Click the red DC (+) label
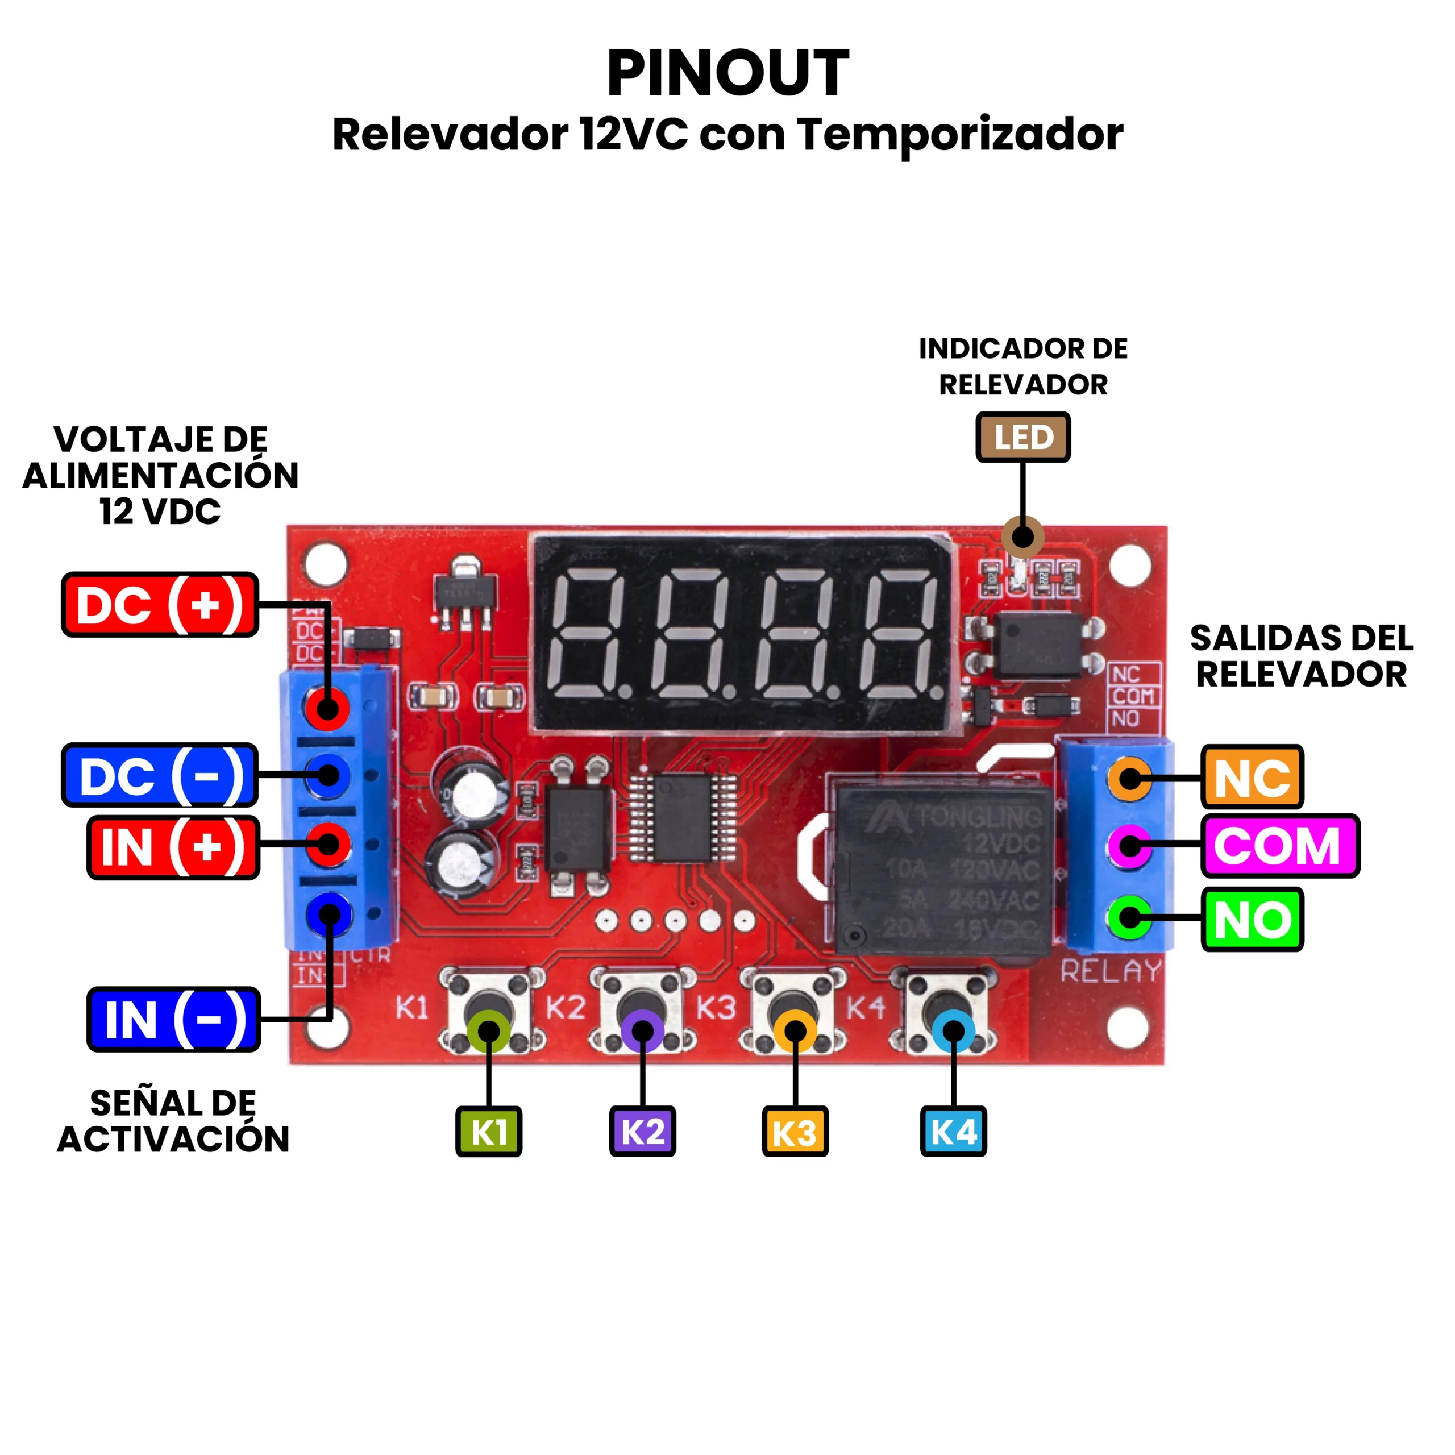(160, 605)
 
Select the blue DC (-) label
(160, 775)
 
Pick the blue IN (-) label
(173, 1019)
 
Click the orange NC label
(1252, 777)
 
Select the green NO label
(1252, 920)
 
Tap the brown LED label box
(1022, 437)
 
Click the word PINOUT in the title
(727, 73)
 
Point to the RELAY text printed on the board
(1111, 971)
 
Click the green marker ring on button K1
(489, 1032)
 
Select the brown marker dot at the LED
(1022, 537)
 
